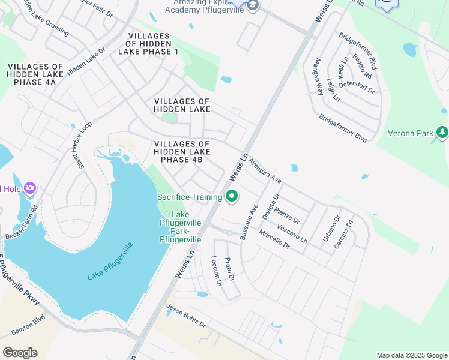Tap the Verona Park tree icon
pos(442,132)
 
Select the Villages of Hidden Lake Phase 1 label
pos(153,44)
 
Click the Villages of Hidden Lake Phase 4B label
pos(182,152)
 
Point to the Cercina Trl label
pos(347,230)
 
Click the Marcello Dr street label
pos(274,239)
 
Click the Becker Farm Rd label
pos(22,223)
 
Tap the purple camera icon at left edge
pos(29,189)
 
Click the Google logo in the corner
pos(20,353)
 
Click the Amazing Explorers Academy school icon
pos(253,6)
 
